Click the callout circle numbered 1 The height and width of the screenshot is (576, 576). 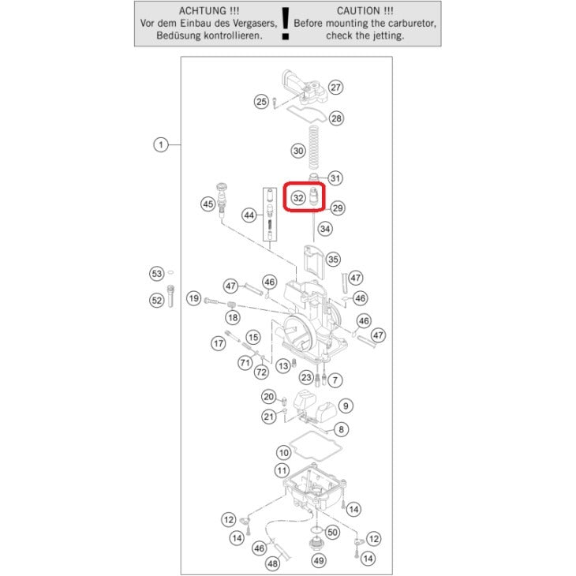pyautogui.click(x=160, y=144)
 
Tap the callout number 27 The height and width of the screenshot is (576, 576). pyautogui.click(x=335, y=88)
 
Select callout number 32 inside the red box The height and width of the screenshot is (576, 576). pyautogui.click(x=298, y=198)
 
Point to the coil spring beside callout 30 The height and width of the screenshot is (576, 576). pyautogui.click(x=314, y=148)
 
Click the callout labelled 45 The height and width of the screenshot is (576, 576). pyautogui.click(x=208, y=204)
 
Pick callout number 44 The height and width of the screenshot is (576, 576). pyautogui.click(x=249, y=215)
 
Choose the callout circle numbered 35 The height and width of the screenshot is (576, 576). pyautogui.click(x=333, y=260)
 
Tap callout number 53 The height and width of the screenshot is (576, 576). pyautogui.click(x=157, y=274)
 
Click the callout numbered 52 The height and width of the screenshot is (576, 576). pyautogui.click(x=157, y=301)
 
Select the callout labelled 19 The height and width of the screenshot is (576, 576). pyautogui.click(x=194, y=298)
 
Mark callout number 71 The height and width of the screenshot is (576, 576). pyautogui.click(x=245, y=363)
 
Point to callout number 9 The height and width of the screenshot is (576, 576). pyautogui.click(x=346, y=406)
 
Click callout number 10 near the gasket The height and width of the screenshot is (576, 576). pyautogui.click(x=284, y=453)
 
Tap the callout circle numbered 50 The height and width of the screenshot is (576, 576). pyautogui.click(x=332, y=532)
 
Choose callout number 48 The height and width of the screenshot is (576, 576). pyautogui.click(x=272, y=563)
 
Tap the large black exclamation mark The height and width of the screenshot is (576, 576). pyautogui.click(x=285, y=24)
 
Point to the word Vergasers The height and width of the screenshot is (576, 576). pyautogui.click(x=252, y=23)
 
